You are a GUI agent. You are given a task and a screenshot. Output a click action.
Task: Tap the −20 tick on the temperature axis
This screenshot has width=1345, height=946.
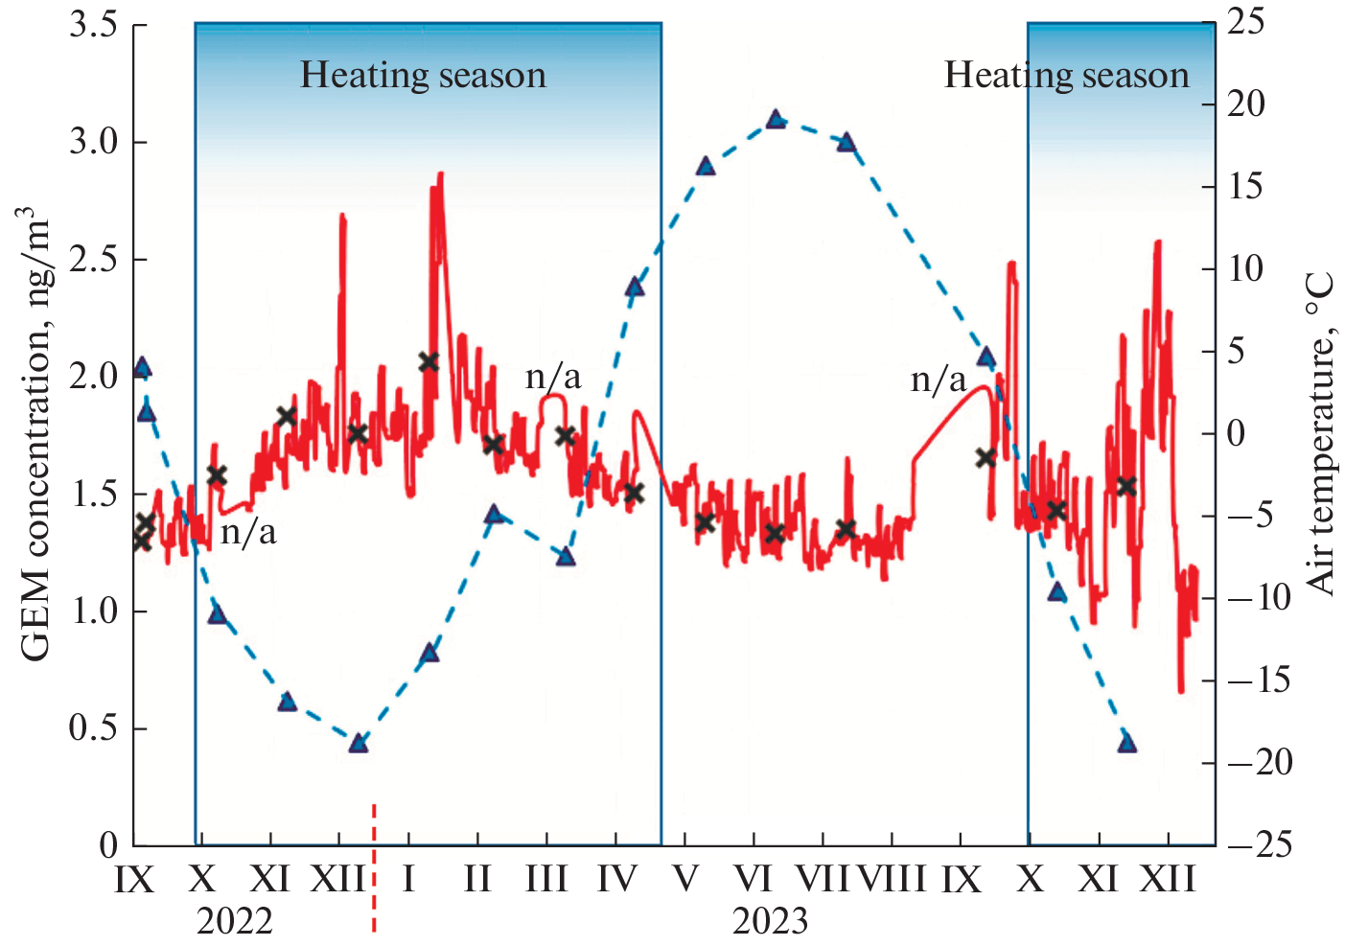1260,763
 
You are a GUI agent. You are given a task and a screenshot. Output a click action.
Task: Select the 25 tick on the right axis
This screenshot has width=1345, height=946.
1246,23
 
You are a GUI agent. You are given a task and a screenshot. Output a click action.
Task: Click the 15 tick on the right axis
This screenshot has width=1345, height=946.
1246,187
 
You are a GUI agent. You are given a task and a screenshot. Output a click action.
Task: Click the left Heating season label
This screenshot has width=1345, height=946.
423,75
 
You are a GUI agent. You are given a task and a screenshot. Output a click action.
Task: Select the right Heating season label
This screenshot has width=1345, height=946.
1066,75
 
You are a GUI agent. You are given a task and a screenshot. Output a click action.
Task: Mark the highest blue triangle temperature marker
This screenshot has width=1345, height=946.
777,120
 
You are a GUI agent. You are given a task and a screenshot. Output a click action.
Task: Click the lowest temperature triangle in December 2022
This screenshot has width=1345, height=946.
359,743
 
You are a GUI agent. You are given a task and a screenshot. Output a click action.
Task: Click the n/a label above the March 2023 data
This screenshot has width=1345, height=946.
553,377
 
